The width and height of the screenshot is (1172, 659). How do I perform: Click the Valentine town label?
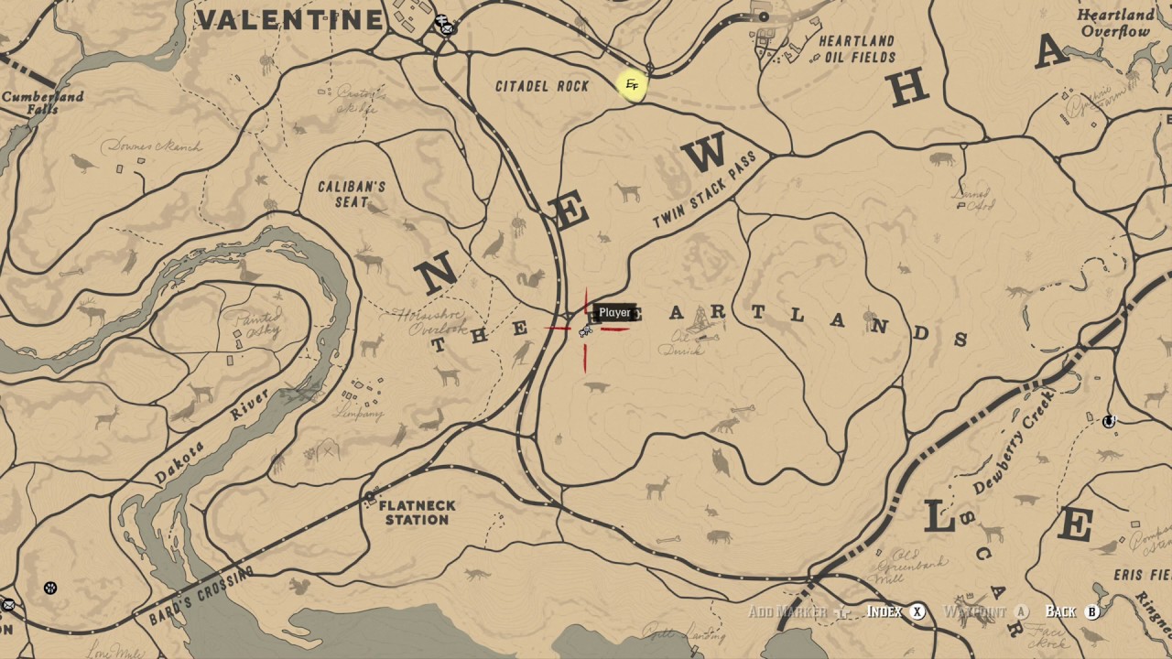[x=290, y=19]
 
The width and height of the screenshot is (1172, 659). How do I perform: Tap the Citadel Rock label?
[x=541, y=86]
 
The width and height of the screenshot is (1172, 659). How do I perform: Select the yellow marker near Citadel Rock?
[x=632, y=86]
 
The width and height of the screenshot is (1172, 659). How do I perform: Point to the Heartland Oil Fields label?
[x=856, y=49]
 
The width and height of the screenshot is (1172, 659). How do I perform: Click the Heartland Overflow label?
[x=1114, y=24]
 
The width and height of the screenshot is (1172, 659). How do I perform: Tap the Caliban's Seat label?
[x=352, y=194]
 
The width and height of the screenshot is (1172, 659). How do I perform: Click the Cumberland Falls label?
[x=42, y=103]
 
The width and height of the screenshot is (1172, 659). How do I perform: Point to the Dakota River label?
[x=211, y=437]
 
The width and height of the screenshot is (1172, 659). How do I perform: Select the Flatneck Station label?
[x=417, y=513]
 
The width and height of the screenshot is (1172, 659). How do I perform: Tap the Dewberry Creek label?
[x=1015, y=441]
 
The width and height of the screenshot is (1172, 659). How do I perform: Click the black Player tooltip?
[x=614, y=313]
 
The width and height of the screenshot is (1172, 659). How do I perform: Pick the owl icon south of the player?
[x=722, y=463]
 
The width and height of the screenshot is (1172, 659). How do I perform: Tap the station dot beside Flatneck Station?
[x=370, y=498]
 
